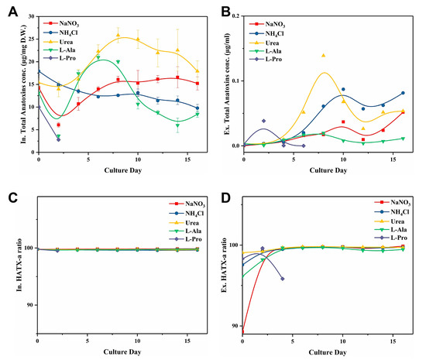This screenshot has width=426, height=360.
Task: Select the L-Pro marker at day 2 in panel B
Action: (263, 121)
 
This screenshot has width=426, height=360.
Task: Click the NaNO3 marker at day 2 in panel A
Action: (58, 125)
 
